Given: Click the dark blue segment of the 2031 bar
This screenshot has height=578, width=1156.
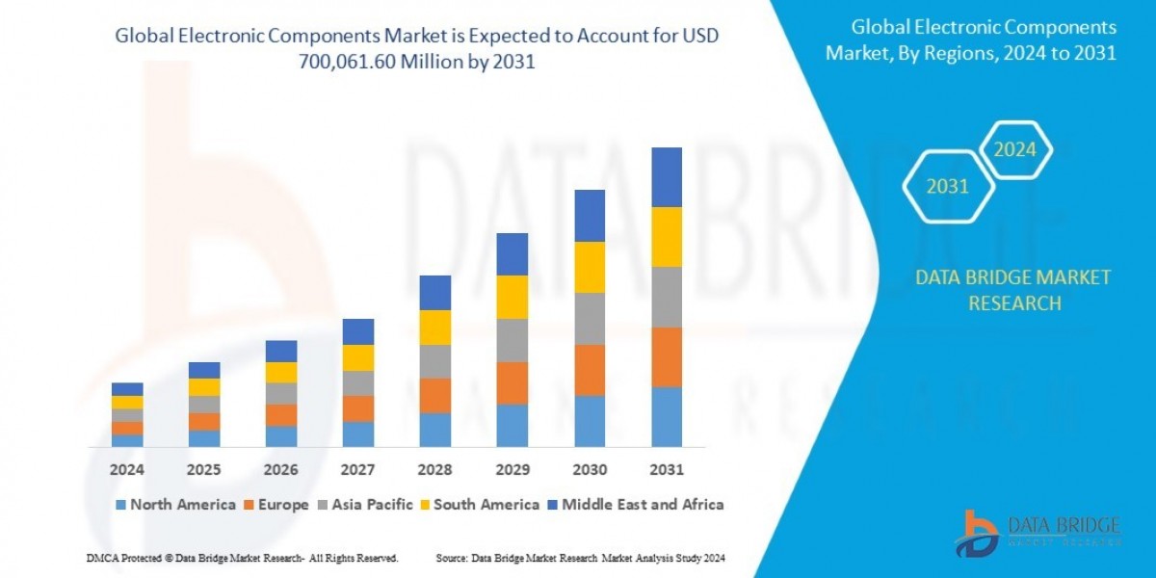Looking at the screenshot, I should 667,177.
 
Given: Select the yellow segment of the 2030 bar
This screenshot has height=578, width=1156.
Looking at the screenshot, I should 590,267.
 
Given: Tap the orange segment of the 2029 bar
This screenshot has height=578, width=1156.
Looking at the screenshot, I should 512,382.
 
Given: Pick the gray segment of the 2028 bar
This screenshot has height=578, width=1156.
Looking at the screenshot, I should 435,361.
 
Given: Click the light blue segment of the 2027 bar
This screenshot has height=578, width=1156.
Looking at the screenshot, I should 358,434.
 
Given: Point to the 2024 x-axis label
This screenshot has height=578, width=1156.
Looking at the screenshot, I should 127,470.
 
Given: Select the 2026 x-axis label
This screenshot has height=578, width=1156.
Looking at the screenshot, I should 281,470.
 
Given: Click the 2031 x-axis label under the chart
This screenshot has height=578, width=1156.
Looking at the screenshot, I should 667,470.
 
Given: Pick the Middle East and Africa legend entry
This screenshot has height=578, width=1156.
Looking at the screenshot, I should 635,504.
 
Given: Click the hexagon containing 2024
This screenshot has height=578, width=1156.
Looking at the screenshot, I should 1014,150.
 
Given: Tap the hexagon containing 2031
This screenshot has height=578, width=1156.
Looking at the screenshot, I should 947,187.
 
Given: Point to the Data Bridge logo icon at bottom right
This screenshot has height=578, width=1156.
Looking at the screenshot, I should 978,533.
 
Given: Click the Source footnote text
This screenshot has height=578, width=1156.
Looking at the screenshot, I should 580,558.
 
